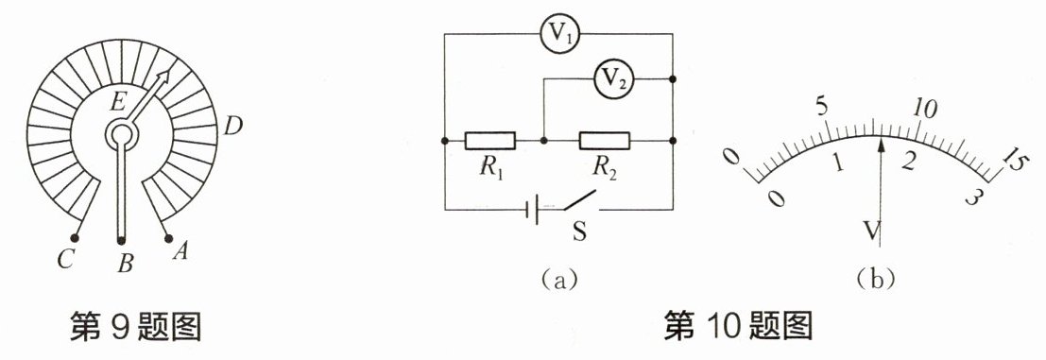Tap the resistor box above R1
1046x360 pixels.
pos(490,141)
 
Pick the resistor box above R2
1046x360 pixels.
pos(605,141)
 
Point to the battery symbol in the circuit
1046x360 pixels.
pos(533,210)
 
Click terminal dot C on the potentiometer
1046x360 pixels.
pos(75,237)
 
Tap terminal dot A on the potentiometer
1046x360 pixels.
pos(168,238)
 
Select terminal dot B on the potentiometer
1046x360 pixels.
pos(121,241)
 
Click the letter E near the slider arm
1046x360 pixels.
pos(117,102)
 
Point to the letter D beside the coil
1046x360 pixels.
pos(232,125)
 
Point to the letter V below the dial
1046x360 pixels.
pos(870,231)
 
